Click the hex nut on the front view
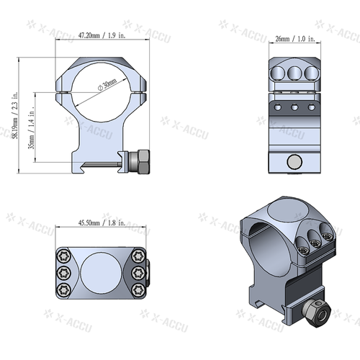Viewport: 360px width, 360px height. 140,161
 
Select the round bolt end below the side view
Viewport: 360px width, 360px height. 293,162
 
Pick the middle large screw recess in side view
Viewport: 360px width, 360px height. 294,73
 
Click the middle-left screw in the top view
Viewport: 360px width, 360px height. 63,273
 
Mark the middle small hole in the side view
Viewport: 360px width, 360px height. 294,107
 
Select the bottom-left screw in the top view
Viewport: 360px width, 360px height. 63,289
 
